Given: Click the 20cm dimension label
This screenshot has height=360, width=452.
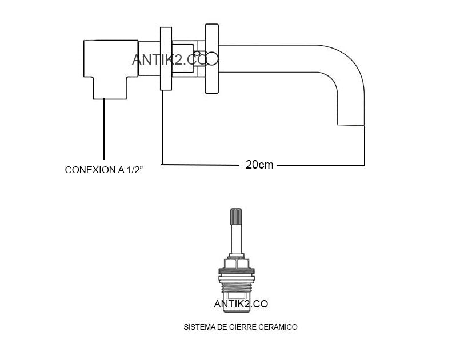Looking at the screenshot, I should tap(259, 165).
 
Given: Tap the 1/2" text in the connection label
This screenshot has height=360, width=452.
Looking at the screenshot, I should tap(134, 170).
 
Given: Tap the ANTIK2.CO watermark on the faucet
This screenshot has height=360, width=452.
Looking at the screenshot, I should tap(175, 59).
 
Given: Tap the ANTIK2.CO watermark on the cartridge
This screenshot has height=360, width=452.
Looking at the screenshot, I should tap(241, 304).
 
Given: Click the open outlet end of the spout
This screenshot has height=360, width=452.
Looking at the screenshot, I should tap(351, 124).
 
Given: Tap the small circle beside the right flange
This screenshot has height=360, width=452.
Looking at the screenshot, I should tap(213, 58).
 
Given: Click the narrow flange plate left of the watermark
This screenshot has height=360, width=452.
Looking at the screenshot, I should tap(167, 57).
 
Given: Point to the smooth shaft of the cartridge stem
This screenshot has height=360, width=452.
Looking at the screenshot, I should tap(237, 240).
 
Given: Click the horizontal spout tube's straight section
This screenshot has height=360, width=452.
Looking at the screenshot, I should tap(274, 58).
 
